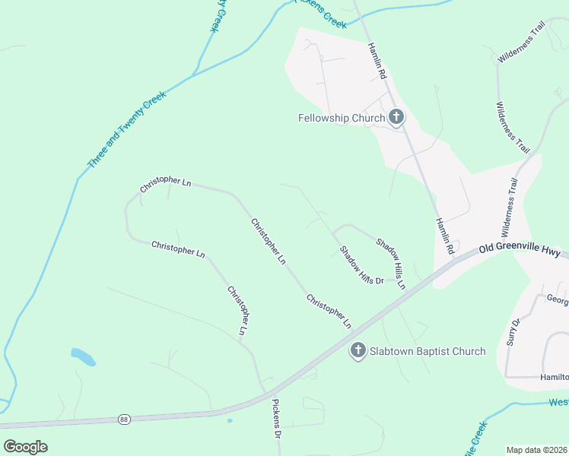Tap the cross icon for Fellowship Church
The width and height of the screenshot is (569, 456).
coord(396,117)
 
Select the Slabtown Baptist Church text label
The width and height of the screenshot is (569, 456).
coord(427,351)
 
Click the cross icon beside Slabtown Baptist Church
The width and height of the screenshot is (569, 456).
coord(358,350)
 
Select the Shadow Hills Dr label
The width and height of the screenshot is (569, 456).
coord(361,265)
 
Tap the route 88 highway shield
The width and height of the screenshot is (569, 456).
coord(124,419)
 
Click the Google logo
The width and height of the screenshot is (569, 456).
coord(25,446)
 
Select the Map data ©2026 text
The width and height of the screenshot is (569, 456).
coord(536,449)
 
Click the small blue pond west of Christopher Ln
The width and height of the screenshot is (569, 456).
coord(83,356)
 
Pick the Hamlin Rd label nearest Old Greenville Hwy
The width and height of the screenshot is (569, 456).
coord(445,236)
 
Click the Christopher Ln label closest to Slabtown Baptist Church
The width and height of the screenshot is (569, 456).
coord(329,311)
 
